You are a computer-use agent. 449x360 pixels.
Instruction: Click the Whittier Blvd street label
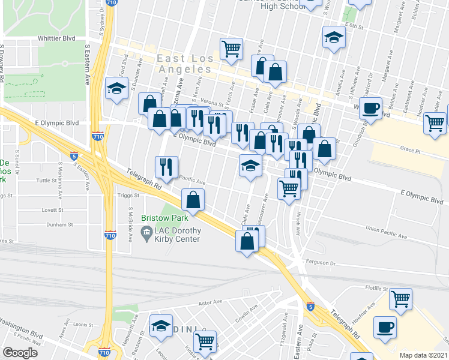click(x=55, y=38)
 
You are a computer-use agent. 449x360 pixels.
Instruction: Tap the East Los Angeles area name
click(x=185, y=64)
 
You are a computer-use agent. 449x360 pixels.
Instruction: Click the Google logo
click(x=20, y=353)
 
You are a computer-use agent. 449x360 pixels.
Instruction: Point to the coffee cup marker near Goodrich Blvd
click(x=371, y=109)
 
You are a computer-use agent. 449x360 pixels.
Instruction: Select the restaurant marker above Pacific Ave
click(x=167, y=167)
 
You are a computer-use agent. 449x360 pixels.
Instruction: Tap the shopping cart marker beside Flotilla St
click(x=400, y=298)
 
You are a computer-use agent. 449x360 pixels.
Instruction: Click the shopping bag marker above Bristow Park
click(x=193, y=200)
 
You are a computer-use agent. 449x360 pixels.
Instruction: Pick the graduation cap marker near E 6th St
click(x=333, y=37)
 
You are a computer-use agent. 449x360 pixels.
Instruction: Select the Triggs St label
click(x=128, y=195)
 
